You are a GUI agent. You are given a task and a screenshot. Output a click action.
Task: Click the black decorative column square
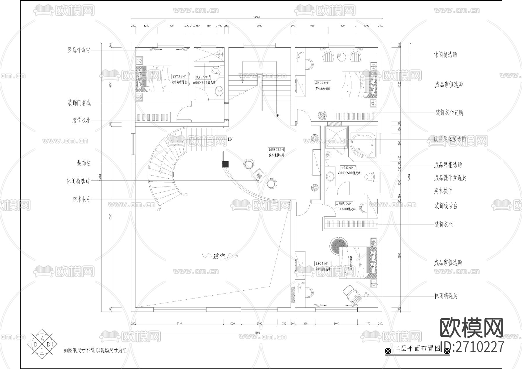click(225, 164)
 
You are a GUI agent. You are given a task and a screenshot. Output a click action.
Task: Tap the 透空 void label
click(219, 256)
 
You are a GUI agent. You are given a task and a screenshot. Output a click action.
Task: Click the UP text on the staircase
click(277, 115)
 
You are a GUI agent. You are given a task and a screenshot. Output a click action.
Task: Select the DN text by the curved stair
click(230, 139)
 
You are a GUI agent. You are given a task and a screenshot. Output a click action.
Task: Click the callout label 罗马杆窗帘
click(79, 50)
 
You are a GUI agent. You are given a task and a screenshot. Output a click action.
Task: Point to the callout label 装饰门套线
click(79, 103)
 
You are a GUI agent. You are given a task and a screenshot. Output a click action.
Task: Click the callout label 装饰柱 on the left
click(84, 163)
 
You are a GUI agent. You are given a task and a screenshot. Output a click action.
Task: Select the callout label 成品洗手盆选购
click(450, 178)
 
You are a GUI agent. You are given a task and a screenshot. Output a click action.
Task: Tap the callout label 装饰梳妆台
click(445, 206)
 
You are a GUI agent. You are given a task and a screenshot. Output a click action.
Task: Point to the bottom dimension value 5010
click(179, 323)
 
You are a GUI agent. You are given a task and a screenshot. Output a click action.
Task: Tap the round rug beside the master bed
click(337, 245)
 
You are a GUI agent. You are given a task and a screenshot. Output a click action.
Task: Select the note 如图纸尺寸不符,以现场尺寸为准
click(95, 350)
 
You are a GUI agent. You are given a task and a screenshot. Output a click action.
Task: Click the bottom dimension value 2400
click(336, 323)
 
